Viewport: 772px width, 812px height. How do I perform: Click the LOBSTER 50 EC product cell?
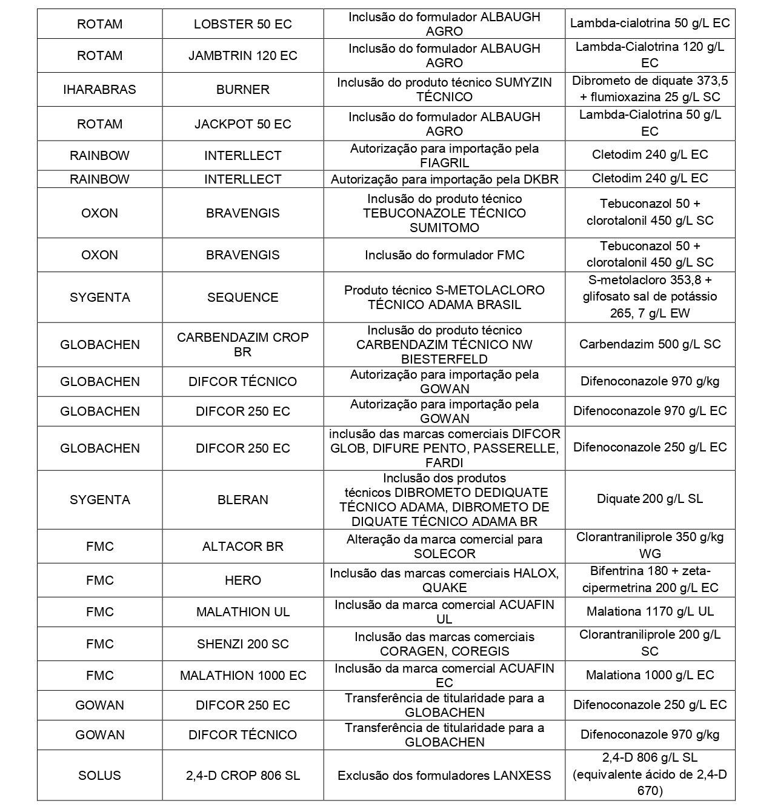[242, 24]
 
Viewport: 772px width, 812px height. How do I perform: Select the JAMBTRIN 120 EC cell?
[242, 56]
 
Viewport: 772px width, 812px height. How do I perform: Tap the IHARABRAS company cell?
[99, 90]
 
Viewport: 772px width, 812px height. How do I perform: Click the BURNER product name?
[242, 90]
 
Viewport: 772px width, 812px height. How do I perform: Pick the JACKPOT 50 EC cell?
[242, 124]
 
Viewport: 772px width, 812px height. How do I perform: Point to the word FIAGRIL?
[444, 163]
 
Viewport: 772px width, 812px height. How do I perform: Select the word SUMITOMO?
[444, 228]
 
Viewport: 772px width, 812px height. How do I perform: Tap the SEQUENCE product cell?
[242, 298]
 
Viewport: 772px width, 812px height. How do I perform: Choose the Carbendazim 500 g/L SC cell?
[650, 344]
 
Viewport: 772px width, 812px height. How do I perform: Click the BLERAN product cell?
[242, 500]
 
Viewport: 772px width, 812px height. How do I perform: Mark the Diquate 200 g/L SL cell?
[650, 499]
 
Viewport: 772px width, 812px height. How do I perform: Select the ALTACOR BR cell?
[242, 547]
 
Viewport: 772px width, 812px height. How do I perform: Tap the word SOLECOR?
[444, 554]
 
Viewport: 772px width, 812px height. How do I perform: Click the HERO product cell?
[242, 581]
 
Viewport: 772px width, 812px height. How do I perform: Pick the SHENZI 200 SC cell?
[242, 644]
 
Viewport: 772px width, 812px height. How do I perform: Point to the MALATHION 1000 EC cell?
[242, 676]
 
